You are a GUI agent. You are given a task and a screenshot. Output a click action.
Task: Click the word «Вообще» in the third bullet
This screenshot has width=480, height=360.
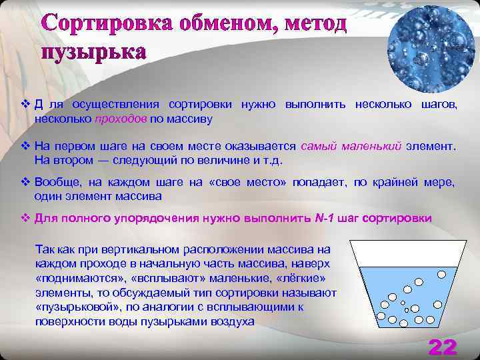point(55,183)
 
